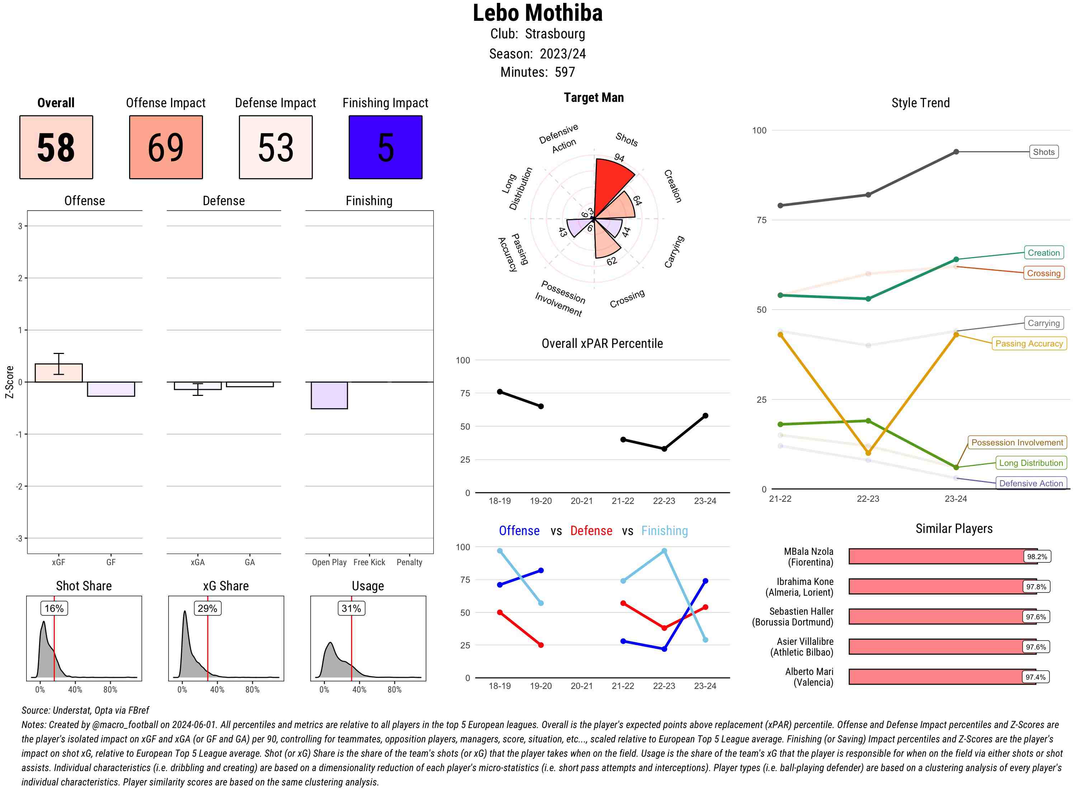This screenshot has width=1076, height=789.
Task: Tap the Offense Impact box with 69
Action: tap(166, 147)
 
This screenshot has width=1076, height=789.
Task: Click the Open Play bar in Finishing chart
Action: tap(329, 395)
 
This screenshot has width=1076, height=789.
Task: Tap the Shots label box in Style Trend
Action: tap(1043, 152)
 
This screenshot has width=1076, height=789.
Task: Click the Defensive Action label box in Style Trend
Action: tap(1031, 483)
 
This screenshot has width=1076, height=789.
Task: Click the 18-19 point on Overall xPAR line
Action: tap(500, 392)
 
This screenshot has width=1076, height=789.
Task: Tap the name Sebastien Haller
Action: tap(801, 611)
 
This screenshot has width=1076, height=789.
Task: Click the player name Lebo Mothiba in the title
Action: tap(537, 13)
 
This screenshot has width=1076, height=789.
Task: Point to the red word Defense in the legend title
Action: tap(591, 531)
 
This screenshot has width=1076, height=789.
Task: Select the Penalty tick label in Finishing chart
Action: tap(409, 562)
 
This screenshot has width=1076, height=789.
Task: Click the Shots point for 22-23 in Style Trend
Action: tap(868, 195)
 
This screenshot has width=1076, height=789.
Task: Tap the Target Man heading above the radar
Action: tap(594, 98)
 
